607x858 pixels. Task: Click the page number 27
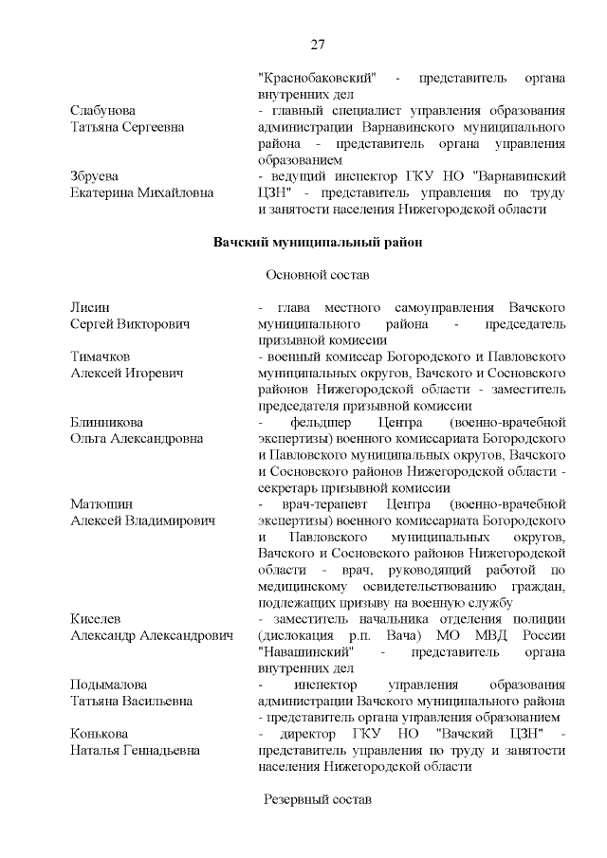[318, 45]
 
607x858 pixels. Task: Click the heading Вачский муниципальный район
[317, 242]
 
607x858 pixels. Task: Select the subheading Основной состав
[317, 275]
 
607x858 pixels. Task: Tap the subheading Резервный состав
[317, 799]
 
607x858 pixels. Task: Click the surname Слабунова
[102, 111]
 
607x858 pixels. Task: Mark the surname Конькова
[99, 734]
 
